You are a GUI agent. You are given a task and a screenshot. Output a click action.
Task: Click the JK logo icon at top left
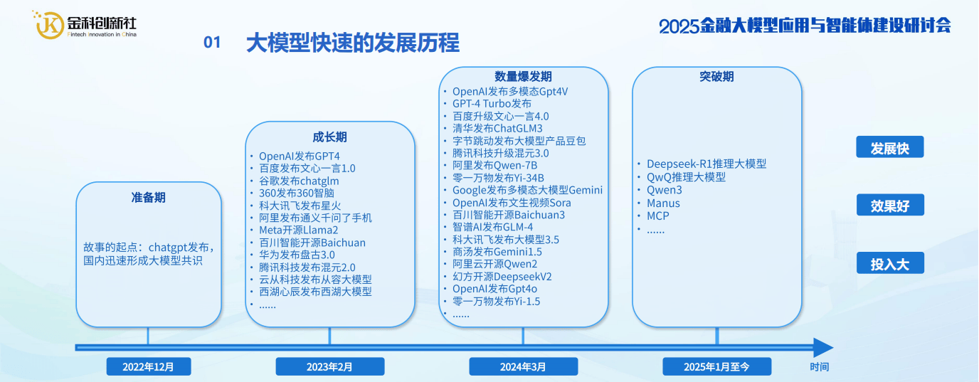click(x=49, y=24)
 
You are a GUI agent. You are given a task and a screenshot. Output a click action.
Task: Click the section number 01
click(x=212, y=43)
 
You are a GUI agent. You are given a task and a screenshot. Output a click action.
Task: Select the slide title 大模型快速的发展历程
click(x=352, y=43)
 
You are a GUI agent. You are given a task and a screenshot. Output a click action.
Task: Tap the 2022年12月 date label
click(x=147, y=366)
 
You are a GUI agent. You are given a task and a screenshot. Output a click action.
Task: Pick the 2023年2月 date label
click(x=329, y=366)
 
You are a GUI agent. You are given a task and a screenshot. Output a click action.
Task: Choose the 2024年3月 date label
click(x=522, y=366)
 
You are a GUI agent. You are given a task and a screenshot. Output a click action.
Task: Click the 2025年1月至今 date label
click(x=717, y=366)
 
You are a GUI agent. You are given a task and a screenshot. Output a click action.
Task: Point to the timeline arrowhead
click(x=822, y=348)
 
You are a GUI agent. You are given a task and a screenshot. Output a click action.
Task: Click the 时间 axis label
click(x=819, y=367)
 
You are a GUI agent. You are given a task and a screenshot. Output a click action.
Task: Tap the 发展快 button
click(x=889, y=148)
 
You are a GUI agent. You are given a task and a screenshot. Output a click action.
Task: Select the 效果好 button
click(x=889, y=206)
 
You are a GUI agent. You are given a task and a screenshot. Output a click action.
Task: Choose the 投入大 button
click(x=889, y=264)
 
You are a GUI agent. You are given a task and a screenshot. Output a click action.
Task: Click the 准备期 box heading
click(x=148, y=197)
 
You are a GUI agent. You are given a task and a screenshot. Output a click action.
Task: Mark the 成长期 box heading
click(x=329, y=137)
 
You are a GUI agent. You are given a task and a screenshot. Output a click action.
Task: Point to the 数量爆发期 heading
click(x=523, y=77)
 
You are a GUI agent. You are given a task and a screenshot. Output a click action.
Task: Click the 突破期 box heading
click(x=716, y=77)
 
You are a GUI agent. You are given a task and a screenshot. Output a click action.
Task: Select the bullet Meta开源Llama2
click(x=298, y=230)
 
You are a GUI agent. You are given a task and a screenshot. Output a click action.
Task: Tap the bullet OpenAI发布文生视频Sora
click(x=512, y=203)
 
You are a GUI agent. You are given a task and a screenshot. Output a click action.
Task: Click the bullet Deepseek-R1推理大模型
click(x=706, y=164)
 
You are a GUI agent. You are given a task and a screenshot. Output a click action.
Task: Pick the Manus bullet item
click(x=663, y=203)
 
